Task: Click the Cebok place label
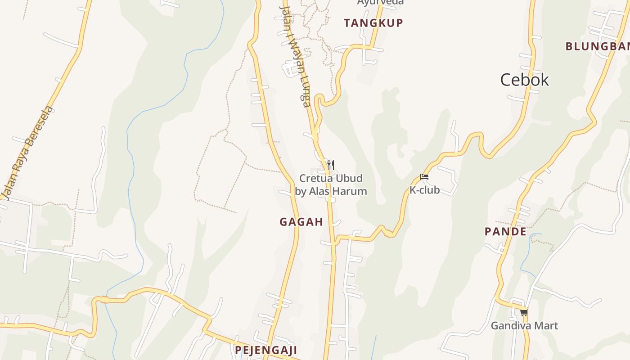tap(525, 80)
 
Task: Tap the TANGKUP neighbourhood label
tap(373, 23)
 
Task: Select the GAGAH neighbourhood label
tap(301, 222)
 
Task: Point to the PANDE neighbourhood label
tap(505, 232)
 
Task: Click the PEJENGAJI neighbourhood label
tap(266, 350)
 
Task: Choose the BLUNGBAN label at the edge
tap(597, 46)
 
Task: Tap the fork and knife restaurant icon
tap(330, 165)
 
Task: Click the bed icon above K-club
tap(424, 177)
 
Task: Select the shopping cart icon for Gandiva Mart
tap(524, 312)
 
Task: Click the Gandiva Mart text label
tap(524, 325)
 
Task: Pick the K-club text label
tap(424, 190)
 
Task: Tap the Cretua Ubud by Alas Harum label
tap(331, 185)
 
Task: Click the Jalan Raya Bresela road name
tap(27, 153)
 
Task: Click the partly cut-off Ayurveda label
tap(380, 2)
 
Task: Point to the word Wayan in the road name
tap(295, 56)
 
